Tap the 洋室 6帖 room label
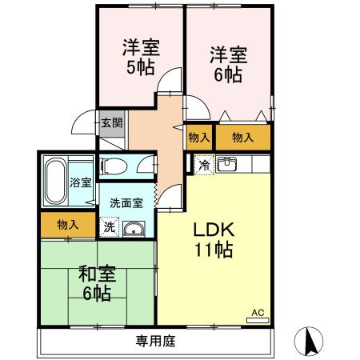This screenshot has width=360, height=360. click(228, 65)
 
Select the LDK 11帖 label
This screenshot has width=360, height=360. click(212, 238)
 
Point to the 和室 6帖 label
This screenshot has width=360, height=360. click(97, 282)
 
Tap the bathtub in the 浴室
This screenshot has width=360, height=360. click(56, 182)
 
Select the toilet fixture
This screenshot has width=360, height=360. click(116, 167)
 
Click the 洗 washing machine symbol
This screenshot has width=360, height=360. click(110, 227)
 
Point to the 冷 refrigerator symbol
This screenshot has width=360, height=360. click(203, 166)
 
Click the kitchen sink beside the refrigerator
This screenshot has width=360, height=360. click(228, 165)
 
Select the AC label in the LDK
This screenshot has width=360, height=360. click(258, 313)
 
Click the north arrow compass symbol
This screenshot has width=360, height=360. click(310, 342)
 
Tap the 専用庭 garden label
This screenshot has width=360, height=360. click(155, 342)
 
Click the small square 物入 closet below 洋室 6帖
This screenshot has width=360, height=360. click(200, 138)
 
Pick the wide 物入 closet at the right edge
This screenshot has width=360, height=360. click(242, 138)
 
